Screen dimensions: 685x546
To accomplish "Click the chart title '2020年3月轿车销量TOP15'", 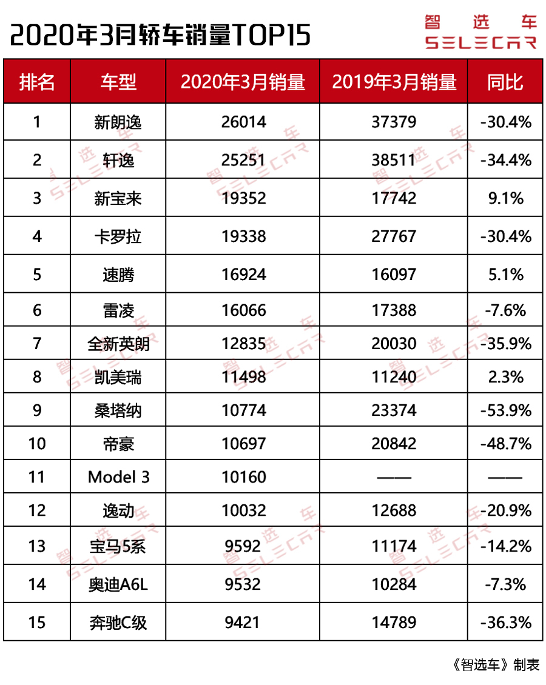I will (x=161, y=36).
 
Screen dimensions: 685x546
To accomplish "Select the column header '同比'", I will (x=505, y=82).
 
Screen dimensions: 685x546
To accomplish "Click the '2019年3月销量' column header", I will (x=394, y=82).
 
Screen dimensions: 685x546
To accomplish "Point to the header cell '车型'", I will (x=118, y=82).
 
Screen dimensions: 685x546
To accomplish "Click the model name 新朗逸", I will (x=118, y=122).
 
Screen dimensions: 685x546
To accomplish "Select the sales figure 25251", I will (x=243, y=160).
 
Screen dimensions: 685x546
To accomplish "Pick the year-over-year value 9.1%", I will (x=505, y=198).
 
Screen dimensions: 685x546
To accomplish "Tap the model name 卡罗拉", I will (x=118, y=236).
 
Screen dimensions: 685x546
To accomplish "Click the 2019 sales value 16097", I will (x=394, y=275).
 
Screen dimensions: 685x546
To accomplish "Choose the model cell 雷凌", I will (x=118, y=310).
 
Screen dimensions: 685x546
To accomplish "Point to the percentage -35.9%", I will (x=505, y=344).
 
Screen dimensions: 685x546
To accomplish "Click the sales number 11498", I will (x=243, y=377).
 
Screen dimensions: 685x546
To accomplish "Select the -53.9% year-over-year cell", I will (x=505, y=410).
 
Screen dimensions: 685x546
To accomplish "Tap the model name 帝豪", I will (x=118, y=444).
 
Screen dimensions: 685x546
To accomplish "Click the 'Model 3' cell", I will (x=118, y=477).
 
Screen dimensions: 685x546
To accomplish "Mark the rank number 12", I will (x=37, y=510).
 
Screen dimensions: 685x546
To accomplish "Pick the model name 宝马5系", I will (x=118, y=547).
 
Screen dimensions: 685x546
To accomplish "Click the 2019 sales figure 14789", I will (x=394, y=622).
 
